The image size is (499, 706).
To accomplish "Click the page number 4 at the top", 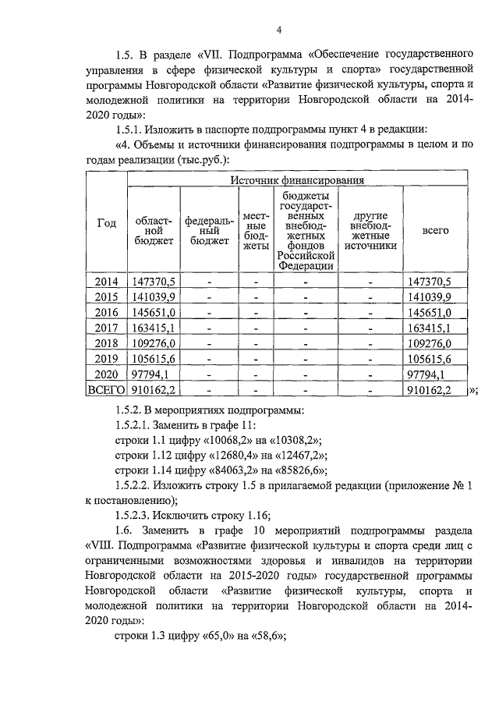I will tap(278, 30).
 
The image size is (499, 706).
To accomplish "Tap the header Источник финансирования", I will tap(297, 180).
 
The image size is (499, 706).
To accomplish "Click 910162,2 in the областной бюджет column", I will tap(154, 389).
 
